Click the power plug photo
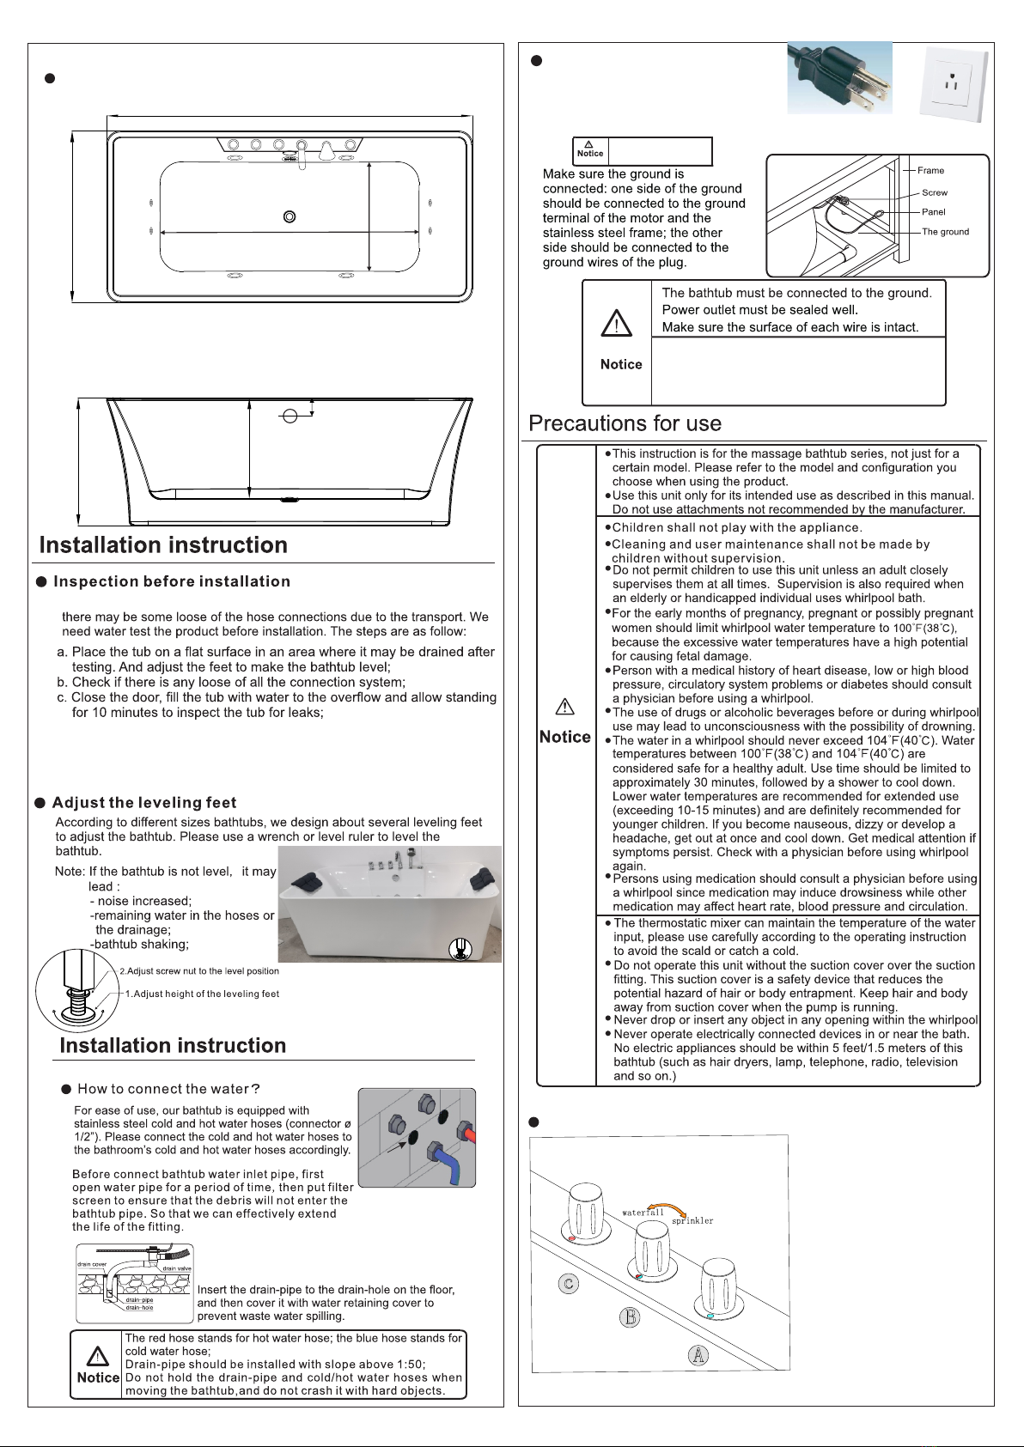[840, 77]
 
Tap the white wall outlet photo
[953, 84]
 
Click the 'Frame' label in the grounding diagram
[930, 170]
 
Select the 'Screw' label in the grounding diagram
[935, 192]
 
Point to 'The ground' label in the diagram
[945, 232]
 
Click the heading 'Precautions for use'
[625, 423]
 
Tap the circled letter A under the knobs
[698, 1355]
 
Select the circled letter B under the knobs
[630, 1316]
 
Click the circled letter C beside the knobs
[568, 1284]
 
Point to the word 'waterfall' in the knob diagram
[643, 1213]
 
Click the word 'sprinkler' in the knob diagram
[692, 1220]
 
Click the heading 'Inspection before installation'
[172, 581]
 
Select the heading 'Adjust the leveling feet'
[144, 803]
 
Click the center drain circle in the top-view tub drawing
[290, 216]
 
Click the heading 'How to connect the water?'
[168, 1089]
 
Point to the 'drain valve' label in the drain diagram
[177, 1268]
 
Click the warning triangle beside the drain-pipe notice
[98, 1356]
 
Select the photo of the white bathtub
[389, 903]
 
